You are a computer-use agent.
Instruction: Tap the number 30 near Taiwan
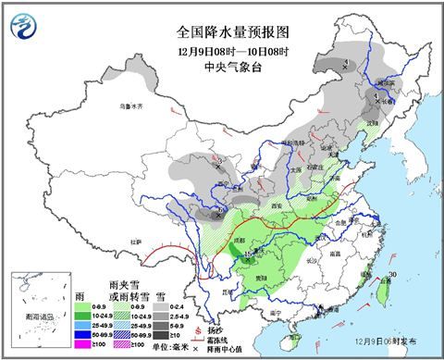392,275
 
